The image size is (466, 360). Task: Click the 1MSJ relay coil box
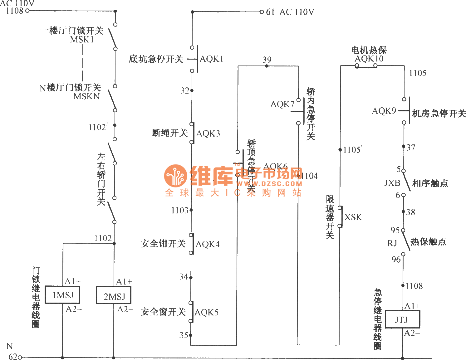[62, 295]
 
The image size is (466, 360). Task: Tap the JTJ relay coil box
[402, 319]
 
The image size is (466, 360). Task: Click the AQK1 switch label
[211, 59]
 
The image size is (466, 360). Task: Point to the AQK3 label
[208, 134]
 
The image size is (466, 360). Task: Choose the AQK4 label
[207, 244]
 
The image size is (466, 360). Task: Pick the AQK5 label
[206, 312]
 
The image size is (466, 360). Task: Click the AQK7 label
[282, 104]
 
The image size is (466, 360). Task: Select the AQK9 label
[384, 111]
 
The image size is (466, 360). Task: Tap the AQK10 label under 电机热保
[369, 58]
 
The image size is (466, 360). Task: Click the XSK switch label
[353, 217]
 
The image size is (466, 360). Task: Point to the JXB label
[392, 183]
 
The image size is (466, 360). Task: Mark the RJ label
[392, 243]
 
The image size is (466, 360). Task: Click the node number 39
[267, 59]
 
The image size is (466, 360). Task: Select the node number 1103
[179, 210]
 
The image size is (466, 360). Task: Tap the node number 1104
[309, 176]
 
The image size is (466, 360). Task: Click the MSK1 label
[82, 40]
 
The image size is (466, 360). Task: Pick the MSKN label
[86, 96]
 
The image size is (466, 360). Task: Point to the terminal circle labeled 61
[262, 12]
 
